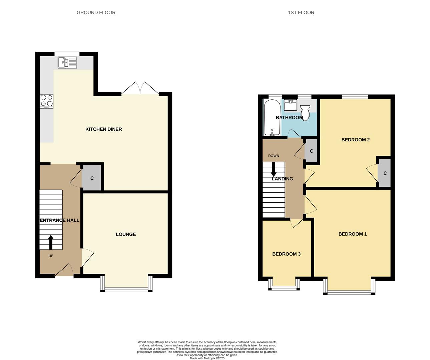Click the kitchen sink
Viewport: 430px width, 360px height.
[67, 62]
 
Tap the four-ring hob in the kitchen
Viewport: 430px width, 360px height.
[46, 101]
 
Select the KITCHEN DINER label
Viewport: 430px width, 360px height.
[103, 129]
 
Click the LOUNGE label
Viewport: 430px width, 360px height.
[126, 234]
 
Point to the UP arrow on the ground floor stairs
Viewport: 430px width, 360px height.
[51, 242]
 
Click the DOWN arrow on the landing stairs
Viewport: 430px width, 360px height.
[274, 170]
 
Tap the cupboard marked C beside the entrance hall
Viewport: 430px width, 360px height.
[92, 178]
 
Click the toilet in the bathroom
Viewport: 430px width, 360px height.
[305, 110]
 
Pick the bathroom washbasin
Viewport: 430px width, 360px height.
[291, 105]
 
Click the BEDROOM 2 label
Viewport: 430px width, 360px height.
[355, 140]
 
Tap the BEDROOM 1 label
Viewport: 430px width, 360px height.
[352, 234]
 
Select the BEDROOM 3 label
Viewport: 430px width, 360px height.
[286, 254]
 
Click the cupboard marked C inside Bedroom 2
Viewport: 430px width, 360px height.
[385, 173]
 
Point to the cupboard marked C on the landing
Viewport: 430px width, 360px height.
[311, 151]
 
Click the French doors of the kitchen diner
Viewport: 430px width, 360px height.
[140, 89]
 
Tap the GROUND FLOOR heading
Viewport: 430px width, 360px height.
[96, 13]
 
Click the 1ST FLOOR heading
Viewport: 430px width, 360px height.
[301, 13]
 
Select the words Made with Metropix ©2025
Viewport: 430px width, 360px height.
[207, 358]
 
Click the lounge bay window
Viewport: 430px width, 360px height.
[126, 289]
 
